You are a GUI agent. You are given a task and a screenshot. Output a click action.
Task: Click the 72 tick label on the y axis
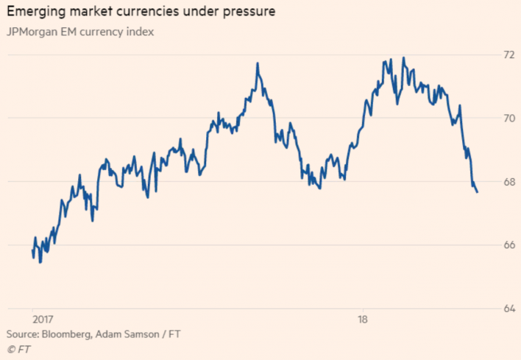(x=508, y=55)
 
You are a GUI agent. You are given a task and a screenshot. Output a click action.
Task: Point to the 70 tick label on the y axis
(x=508, y=119)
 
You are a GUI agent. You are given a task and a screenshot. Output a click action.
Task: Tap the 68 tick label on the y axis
(x=508, y=182)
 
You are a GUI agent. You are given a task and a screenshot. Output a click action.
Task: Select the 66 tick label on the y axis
(x=508, y=245)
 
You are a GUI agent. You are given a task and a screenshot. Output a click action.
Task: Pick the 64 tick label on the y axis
(x=508, y=308)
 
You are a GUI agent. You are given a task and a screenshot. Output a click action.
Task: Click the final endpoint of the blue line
(x=478, y=192)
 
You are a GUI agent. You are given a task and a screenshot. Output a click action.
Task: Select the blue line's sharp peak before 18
(x=258, y=63)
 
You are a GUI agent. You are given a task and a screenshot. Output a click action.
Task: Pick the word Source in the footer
(x=23, y=334)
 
